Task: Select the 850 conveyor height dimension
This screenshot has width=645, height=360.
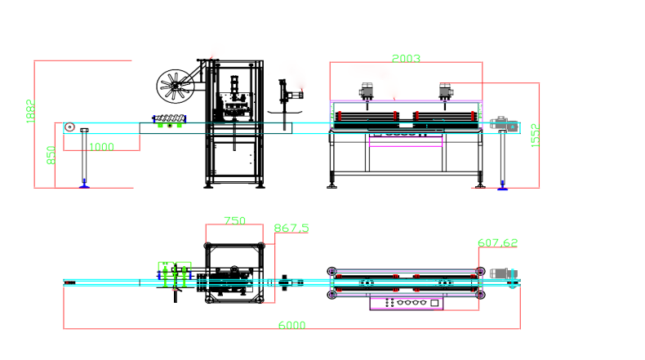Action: coord(51,154)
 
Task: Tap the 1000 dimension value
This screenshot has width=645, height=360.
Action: coord(101,147)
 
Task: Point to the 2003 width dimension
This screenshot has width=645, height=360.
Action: coord(406,59)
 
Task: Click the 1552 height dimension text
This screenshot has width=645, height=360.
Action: coord(535,136)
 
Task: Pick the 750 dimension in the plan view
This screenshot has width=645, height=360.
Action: coord(234,221)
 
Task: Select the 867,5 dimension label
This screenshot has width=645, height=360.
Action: coord(291,229)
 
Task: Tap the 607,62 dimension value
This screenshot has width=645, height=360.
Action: coord(497,243)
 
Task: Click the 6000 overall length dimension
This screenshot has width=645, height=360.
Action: coord(291,325)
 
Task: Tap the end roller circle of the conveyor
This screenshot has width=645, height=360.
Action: coord(70,127)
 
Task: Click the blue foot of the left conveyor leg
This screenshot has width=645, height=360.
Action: coord(83,186)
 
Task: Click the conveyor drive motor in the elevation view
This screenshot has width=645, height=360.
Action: coord(503,125)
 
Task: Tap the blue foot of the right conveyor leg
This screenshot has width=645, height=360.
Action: coord(503,186)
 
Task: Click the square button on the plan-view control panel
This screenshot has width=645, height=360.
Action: coord(434,303)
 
